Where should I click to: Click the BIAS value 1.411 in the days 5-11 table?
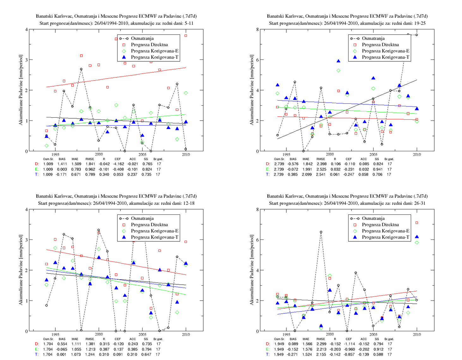pos(62,164)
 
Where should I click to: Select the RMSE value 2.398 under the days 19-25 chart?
pos(321,164)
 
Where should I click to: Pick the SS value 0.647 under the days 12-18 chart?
pos(146,354)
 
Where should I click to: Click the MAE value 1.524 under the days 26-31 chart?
pos(307,354)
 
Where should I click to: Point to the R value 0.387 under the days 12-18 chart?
pos(104,349)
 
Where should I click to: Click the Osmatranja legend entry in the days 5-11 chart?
pos(142,38)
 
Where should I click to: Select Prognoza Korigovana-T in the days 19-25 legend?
pos(386,57)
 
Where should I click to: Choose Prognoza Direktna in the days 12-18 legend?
pos(149,225)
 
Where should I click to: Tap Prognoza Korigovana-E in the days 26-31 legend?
pos(386,231)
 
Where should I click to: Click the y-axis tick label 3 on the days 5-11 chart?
pos(27,60)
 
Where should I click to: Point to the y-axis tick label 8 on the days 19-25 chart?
pos(258,29)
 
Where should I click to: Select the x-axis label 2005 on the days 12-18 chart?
pos(142,334)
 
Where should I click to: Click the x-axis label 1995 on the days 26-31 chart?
pos(286,334)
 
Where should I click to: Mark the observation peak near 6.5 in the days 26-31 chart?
pos(321,232)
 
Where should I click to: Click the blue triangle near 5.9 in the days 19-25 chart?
pos(338,61)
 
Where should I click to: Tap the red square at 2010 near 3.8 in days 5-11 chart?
pos(185,35)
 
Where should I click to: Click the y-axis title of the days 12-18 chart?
pos(21,270)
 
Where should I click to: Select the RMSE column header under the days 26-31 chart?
pos(321,339)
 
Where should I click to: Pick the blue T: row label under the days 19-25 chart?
pos(268,174)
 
